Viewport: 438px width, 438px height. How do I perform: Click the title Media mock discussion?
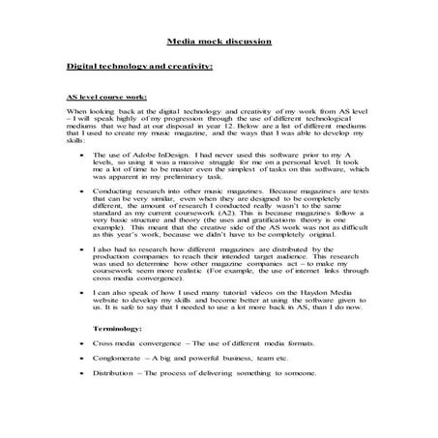219,44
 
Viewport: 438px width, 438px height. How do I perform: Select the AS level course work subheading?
108,98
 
